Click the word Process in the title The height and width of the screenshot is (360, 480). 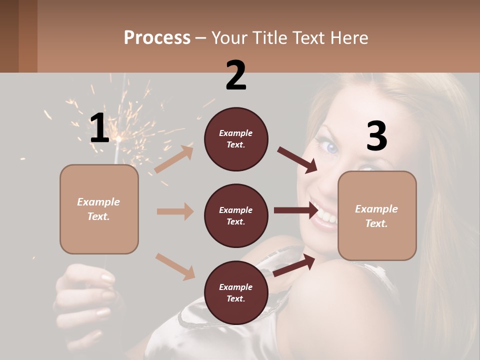pos(157,37)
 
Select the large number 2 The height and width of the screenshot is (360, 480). pos(236,75)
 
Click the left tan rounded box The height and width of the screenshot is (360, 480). pos(99,209)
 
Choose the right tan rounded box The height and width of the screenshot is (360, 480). pos(377,215)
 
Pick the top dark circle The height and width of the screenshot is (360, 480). pos(236,139)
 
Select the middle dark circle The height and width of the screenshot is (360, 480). pos(236,215)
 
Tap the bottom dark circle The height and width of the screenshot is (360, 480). pos(236,292)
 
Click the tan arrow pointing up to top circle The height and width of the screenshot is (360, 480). pos(174,159)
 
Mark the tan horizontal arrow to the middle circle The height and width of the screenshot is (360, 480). pos(175,211)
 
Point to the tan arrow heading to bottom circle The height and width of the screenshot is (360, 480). pos(175,266)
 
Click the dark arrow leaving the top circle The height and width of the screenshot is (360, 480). pos(297,159)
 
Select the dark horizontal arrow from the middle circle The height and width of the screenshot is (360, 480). pos(296,210)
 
